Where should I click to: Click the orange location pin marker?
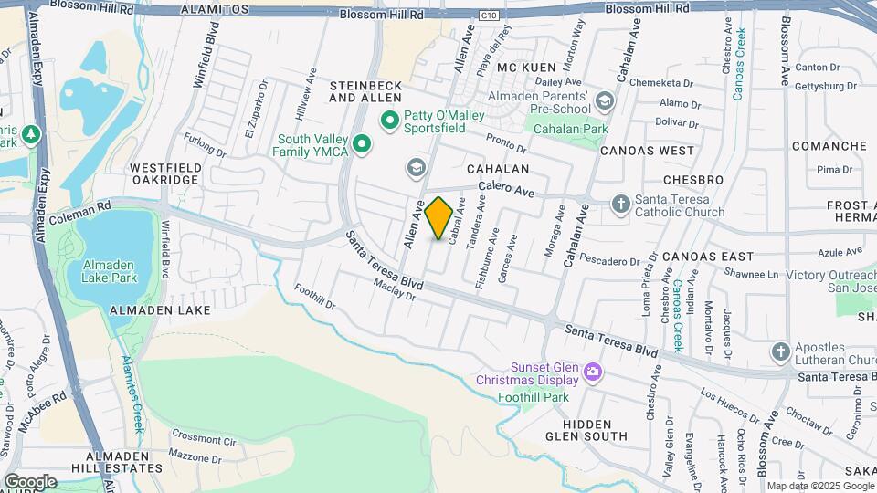(x=438, y=218)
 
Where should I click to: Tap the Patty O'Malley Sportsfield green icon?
(x=389, y=120)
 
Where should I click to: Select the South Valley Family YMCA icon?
(x=363, y=144)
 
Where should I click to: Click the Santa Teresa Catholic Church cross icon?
(x=621, y=203)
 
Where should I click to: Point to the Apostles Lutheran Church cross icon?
(x=780, y=351)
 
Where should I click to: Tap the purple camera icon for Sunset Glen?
(x=593, y=372)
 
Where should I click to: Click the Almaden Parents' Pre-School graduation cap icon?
(x=604, y=100)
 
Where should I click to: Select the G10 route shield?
(x=490, y=15)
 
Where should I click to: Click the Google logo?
(x=30, y=481)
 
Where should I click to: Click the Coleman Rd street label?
(x=81, y=206)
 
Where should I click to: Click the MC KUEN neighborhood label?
(x=526, y=68)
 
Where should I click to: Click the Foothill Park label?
(x=534, y=397)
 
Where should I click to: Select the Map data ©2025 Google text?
(x=819, y=486)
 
